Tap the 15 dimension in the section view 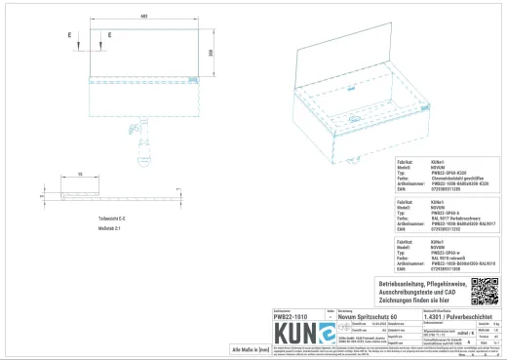coord(79,174)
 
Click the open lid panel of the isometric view coord(346,54)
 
